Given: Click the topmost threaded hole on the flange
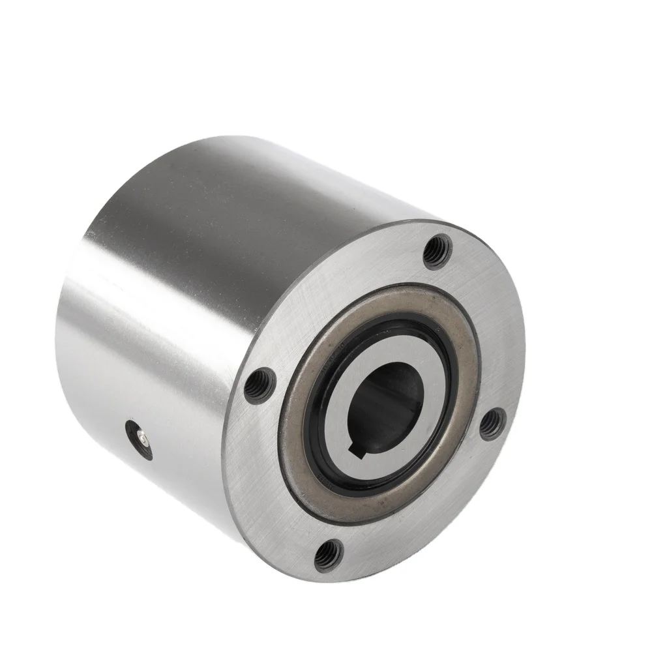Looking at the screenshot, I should pyautogui.click(x=437, y=250).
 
